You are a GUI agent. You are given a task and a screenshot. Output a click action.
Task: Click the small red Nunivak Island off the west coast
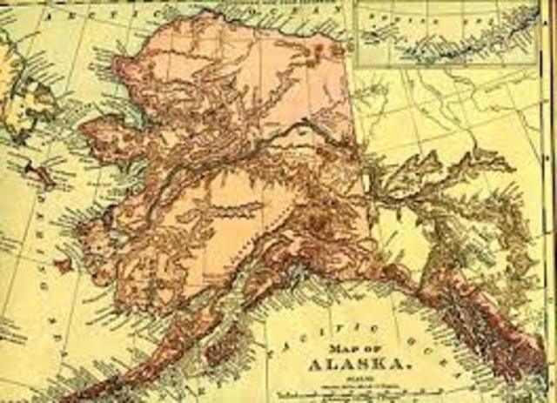(x=62, y=262)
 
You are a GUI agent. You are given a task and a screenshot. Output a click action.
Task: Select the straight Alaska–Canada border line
(x=356, y=131)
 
